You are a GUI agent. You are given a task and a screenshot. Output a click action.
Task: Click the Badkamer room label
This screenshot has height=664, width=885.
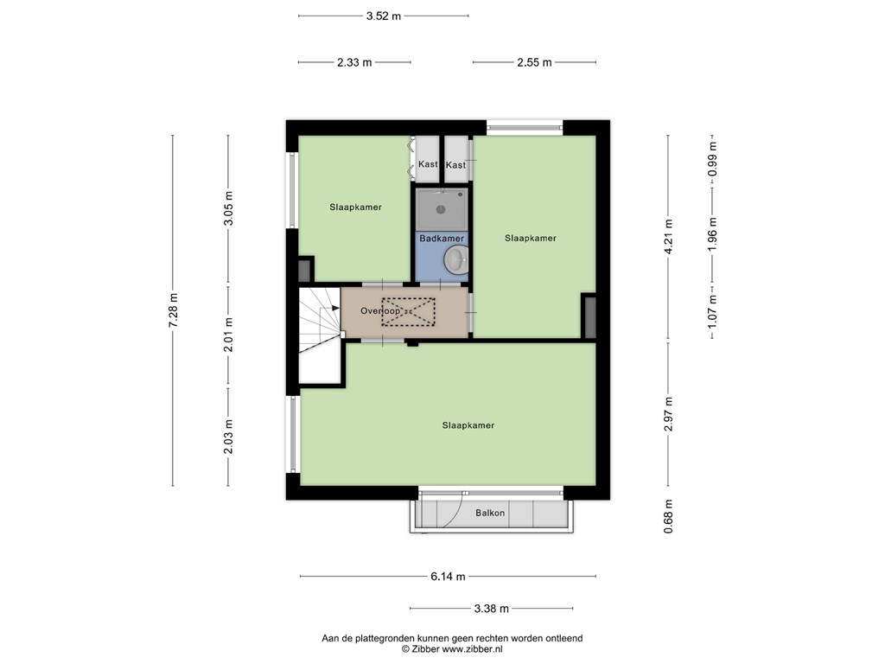(x=442, y=239)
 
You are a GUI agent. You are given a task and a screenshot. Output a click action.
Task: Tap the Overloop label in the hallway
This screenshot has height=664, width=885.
(x=381, y=310)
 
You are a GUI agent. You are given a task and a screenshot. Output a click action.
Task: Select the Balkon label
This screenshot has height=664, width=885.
(x=490, y=513)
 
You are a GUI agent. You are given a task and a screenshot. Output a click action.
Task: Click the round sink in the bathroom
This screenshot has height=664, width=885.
(x=455, y=260)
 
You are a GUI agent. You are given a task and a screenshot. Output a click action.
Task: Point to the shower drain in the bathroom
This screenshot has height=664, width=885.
(x=441, y=209)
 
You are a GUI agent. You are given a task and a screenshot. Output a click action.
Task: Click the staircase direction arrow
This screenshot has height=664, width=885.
(x=336, y=309)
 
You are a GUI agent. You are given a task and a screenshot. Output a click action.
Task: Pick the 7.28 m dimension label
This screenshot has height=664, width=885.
(x=173, y=310)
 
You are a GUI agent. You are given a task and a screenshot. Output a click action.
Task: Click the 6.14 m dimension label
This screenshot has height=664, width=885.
(x=449, y=577)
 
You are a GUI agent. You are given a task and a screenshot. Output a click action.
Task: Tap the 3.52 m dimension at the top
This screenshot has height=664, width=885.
(x=384, y=16)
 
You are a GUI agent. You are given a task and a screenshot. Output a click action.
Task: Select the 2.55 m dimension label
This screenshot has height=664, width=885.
(x=534, y=62)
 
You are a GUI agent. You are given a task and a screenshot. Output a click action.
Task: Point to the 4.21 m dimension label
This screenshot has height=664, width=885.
(x=669, y=237)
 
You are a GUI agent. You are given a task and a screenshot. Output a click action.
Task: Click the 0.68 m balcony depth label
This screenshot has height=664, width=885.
(x=669, y=516)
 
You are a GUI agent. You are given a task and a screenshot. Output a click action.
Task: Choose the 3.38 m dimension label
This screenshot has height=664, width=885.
(x=492, y=608)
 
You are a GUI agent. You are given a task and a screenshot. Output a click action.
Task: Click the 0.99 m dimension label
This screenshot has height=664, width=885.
(x=713, y=159)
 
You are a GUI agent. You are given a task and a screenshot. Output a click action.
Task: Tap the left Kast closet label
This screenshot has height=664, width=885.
(x=428, y=164)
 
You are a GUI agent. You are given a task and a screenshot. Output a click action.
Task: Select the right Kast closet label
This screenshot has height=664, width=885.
(x=456, y=165)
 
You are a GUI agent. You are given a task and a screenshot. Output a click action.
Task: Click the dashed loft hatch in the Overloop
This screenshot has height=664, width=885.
(x=409, y=311)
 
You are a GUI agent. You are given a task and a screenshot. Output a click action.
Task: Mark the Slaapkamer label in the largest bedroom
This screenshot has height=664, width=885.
(x=468, y=425)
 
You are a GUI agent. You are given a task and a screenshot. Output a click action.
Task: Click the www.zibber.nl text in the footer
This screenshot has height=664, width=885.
(x=473, y=649)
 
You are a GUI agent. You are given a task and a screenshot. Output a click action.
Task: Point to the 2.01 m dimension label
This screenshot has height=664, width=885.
(x=228, y=335)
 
